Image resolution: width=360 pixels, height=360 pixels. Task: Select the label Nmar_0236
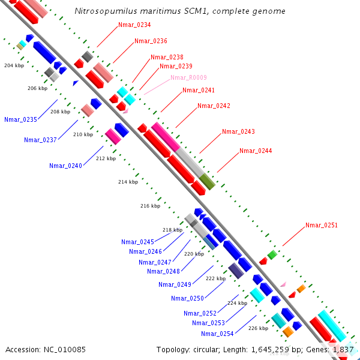151,41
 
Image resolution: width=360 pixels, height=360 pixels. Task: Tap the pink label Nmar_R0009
188,77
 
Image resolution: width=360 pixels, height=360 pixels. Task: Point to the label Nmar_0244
256,151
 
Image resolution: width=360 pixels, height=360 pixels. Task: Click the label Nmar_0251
322,225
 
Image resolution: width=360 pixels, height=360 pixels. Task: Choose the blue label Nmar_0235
20,119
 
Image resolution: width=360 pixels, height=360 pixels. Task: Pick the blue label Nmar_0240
65,166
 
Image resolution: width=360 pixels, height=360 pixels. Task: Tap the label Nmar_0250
187,298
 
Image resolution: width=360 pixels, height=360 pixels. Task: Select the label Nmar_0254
217,334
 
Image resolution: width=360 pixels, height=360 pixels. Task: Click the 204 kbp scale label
14,65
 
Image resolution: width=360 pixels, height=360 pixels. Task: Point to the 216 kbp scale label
150,206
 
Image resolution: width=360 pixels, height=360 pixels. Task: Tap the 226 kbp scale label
258,328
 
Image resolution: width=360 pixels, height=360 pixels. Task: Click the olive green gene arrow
207,181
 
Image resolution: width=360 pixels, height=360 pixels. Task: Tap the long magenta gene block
166,136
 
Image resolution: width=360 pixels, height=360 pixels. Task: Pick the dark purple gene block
236,271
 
